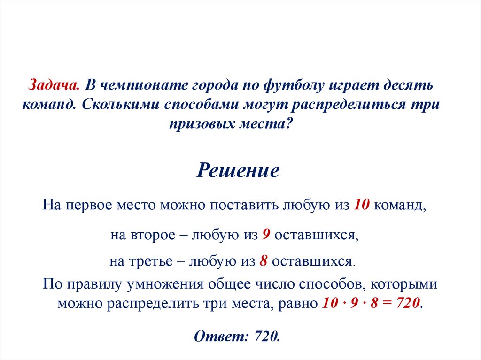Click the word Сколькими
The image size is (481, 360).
pyautogui.click(x=121, y=105)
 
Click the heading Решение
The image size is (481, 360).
pyautogui.click(x=238, y=170)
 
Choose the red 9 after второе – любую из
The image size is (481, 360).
pyautogui.click(x=265, y=235)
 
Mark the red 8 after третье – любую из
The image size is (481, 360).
pyautogui.click(x=264, y=261)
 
